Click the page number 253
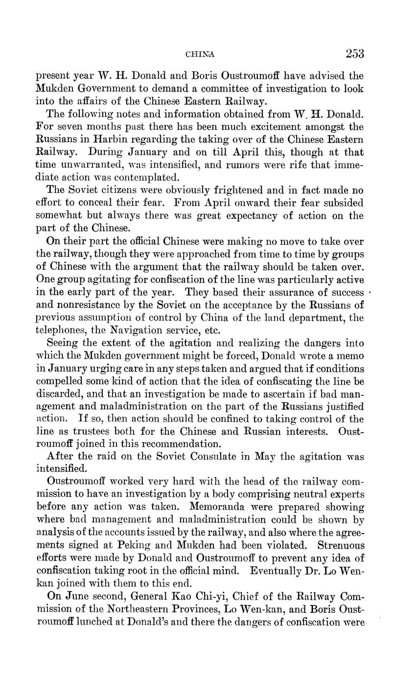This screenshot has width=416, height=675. coord(354,53)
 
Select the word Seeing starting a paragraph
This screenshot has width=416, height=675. coord(62,344)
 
